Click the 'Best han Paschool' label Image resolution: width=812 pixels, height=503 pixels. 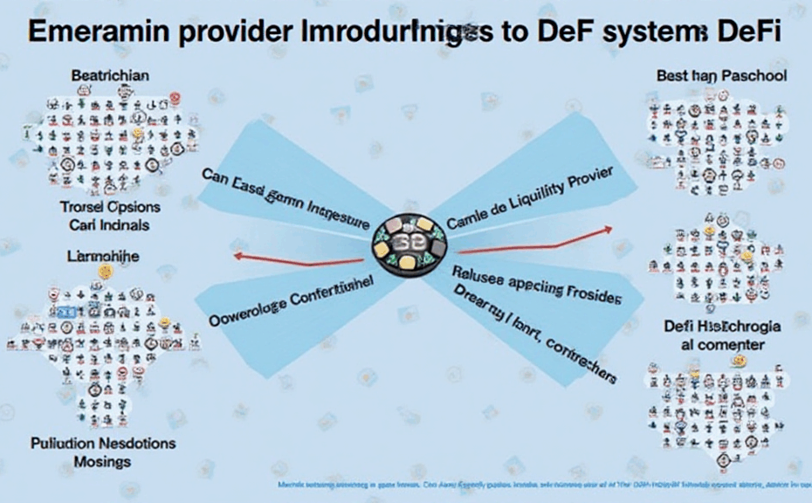click(x=721, y=76)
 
